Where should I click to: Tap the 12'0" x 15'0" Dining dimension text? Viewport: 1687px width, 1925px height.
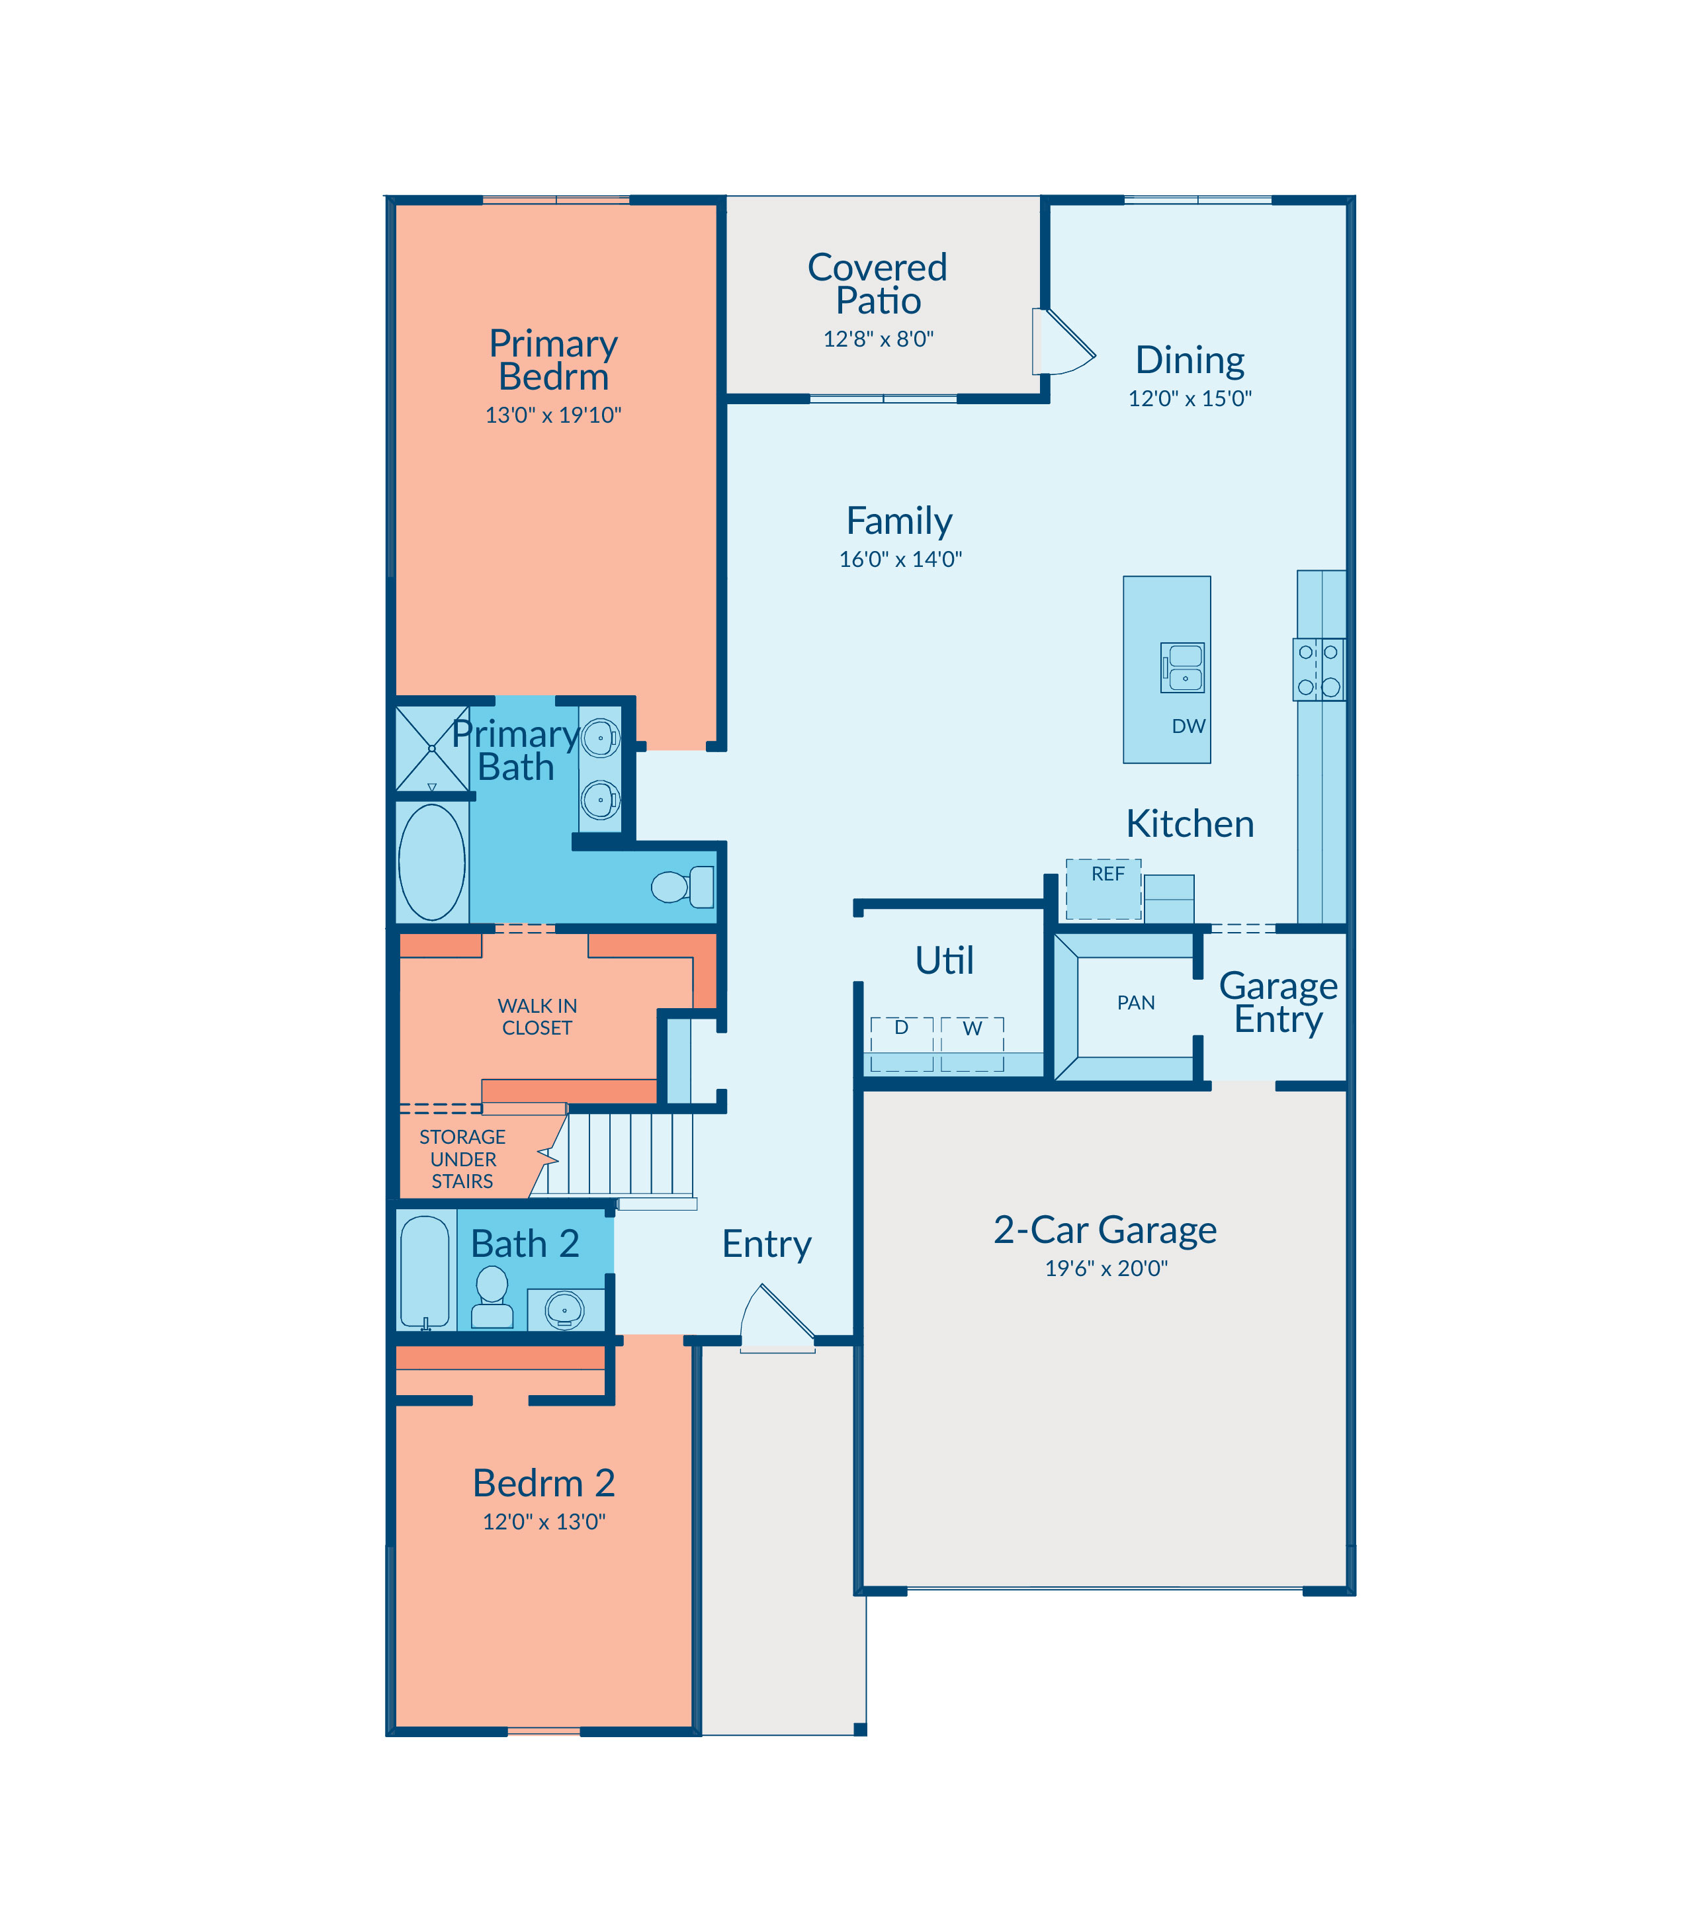pos(1190,398)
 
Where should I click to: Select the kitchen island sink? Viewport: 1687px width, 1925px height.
pos(1182,667)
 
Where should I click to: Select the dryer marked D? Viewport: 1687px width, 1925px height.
pos(902,1044)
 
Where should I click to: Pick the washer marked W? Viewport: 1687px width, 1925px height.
pos(973,1044)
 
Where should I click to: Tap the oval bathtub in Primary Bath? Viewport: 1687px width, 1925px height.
pos(432,861)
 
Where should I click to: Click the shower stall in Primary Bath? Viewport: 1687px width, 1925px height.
pos(432,748)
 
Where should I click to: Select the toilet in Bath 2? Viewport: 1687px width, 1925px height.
pos(492,1297)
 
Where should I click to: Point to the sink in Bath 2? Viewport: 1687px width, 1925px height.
pos(565,1309)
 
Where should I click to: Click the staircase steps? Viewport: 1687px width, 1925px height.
pos(621,1154)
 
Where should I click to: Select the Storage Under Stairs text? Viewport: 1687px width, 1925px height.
pos(462,1159)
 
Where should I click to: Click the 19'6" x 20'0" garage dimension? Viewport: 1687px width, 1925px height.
pos(1106,1268)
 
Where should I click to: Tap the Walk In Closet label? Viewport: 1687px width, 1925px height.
pos(538,1017)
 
